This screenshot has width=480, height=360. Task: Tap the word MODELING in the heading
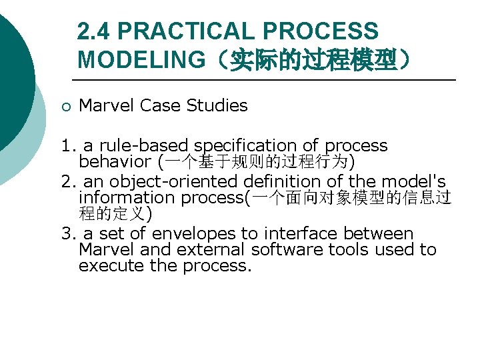pos(141,59)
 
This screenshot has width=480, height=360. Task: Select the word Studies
pos(217,105)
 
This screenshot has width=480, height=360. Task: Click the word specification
pos(257,145)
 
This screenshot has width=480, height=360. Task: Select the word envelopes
pos(194,234)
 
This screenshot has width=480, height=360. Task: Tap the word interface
pos(299,234)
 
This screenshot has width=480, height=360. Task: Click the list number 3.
pos(67,234)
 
